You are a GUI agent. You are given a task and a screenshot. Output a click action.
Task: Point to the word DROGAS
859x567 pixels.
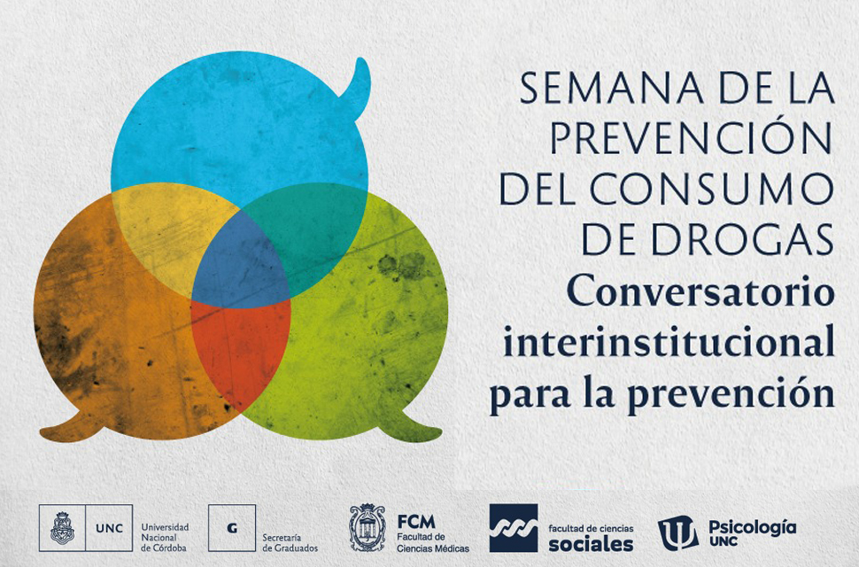(742, 240)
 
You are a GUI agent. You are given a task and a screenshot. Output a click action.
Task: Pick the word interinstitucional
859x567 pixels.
(669, 342)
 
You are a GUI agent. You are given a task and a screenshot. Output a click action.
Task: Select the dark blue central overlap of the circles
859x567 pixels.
(241, 263)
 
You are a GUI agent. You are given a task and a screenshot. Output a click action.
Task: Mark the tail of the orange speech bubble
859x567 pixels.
(71, 428)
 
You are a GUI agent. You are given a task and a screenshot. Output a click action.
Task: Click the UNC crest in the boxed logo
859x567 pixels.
(63, 527)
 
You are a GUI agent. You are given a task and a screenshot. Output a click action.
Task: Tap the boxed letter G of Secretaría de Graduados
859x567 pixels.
(232, 528)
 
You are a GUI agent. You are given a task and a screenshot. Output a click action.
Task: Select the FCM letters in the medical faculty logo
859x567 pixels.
(416, 522)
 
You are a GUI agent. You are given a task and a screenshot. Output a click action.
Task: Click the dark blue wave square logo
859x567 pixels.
(514, 527)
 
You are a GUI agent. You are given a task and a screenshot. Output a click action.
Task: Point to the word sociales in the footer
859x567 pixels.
(591, 544)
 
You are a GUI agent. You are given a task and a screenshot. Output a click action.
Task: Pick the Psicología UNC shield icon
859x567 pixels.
(677, 532)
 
